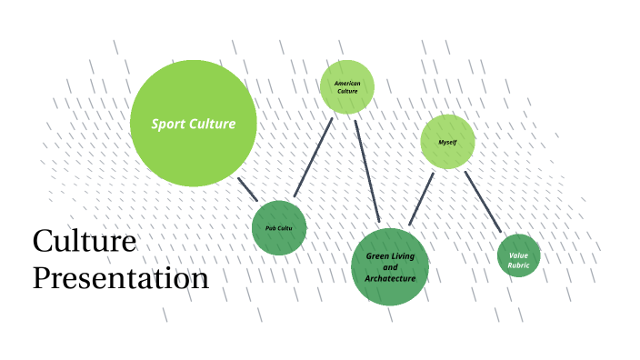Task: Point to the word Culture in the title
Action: coord(85,242)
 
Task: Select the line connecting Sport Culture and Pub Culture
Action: coord(247,189)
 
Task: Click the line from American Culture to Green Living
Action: coord(367,169)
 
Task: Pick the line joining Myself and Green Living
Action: coord(421,199)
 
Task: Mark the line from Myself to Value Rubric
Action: coord(483,202)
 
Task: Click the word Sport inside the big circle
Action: coord(167,124)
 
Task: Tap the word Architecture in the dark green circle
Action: coord(390,278)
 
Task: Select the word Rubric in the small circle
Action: coord(519,265)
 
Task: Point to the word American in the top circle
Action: coord(347,84)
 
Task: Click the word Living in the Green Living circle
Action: coord(403,256)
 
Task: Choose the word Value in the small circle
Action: coord(519,255)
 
